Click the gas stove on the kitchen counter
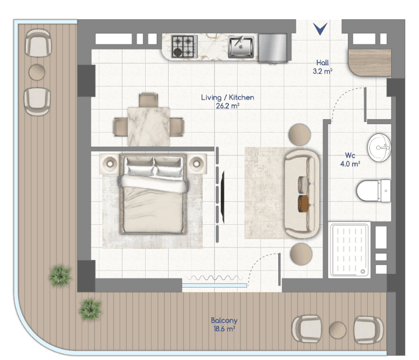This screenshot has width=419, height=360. (185, 47)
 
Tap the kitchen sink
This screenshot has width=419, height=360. (241, 47)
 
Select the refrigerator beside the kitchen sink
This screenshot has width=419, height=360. (273, 48)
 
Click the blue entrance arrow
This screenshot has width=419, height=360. (320, 29)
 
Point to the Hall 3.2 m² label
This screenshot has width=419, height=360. (323, 67)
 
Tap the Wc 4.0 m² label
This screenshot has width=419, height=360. (350, 160)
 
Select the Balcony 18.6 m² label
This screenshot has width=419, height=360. (224, 324)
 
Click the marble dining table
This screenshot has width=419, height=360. (148, 126)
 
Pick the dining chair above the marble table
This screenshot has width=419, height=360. (148, 100)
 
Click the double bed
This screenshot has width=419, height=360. (153, 194)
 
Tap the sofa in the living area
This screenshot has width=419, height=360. (302, 194)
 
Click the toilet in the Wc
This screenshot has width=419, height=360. (374, 191)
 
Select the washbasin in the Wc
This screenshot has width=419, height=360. (379, 148)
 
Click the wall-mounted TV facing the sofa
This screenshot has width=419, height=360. (222, 197)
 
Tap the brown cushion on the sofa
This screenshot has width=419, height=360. (303, 204)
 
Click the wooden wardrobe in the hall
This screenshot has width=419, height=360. (370, 62)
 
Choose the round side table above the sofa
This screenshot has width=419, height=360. (300, 135)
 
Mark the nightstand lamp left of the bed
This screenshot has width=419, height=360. (110, 163)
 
